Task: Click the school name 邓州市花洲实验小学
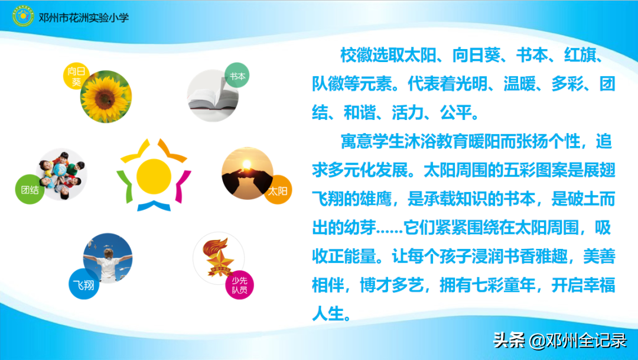click(x=83, y=17)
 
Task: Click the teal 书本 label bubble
click(x=237, y=76)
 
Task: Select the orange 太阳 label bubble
click(x=278, y=190)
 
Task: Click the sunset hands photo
click(x=248, y=173)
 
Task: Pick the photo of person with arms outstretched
click(x=108, y=258)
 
